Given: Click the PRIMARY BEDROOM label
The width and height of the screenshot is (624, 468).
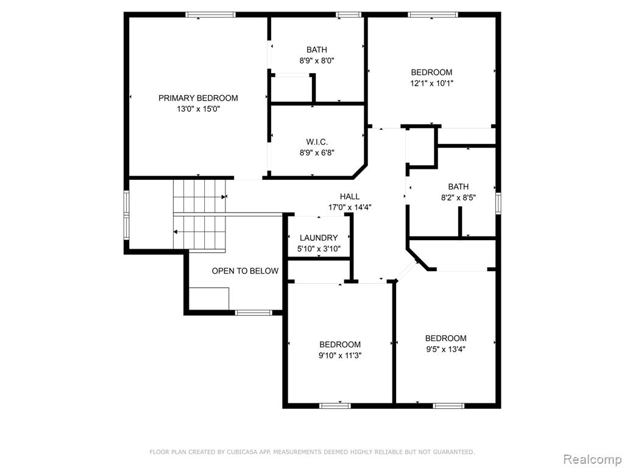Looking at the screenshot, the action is [198, 98].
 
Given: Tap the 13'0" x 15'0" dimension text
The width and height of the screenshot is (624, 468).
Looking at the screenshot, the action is [198, 109].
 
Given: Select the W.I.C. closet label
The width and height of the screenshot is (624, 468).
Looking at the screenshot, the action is [317, 141].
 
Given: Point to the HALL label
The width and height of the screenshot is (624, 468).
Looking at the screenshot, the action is [349, 196].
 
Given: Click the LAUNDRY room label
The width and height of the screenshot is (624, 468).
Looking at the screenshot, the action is [319, 238].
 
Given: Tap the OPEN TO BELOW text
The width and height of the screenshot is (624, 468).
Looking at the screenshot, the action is [245, 271].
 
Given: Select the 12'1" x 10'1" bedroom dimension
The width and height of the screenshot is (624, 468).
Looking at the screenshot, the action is [432, 83].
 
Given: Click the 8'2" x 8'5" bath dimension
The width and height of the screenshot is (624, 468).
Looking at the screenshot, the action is [458, 197].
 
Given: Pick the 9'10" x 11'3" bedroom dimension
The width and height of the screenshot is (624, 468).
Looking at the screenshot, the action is [340, 356].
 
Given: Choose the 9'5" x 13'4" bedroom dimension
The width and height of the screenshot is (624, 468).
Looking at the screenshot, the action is [445, 349].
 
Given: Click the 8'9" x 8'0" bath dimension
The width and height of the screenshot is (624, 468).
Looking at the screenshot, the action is [317, 61].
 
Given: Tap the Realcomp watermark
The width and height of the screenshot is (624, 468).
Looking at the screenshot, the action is [592, 459].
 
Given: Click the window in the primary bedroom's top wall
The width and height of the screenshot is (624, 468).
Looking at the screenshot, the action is [210, 15].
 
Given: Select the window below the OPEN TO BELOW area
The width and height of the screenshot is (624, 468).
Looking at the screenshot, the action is [253, 313].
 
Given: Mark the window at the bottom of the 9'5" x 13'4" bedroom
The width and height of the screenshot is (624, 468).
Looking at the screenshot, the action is [448, 406].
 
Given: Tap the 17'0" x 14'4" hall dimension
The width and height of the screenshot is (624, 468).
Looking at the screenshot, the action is [350, 207].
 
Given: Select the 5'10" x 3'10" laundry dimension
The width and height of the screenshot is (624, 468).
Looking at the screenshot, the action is [319, 249].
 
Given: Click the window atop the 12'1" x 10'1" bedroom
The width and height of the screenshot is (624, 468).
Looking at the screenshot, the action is [433, 15].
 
